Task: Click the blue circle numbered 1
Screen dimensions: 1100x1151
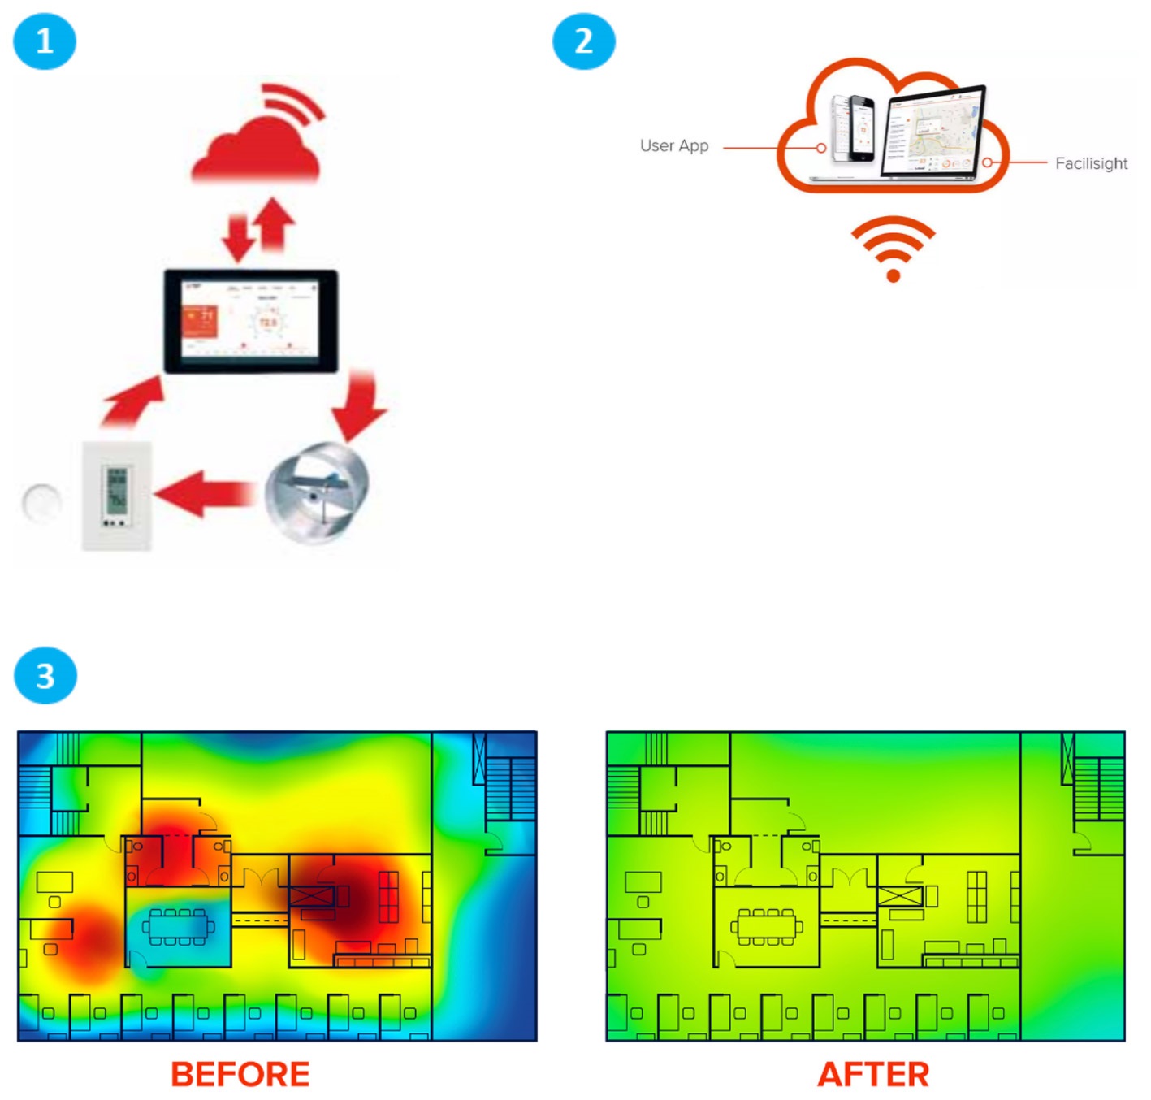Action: pos(45,41)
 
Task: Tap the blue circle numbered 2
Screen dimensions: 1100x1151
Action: pos(583,41)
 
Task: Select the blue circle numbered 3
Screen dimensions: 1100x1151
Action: pos(45,675)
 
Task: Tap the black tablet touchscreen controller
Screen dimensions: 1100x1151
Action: pos(251,322)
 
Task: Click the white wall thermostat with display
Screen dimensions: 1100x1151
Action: pos(117,496)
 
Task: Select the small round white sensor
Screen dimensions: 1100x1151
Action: pos(41,502)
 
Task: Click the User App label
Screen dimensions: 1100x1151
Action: pos(674,146)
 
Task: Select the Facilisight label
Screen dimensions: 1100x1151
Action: pos(1091,163)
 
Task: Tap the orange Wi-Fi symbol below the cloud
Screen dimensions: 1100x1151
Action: pos(893,248)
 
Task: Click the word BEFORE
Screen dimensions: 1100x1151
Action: pos(240,1074)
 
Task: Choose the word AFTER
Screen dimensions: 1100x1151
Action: pos(873,1074)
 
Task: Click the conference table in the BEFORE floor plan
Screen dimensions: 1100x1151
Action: pos(178,927)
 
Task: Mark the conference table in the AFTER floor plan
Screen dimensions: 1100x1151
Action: pos(767,927)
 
